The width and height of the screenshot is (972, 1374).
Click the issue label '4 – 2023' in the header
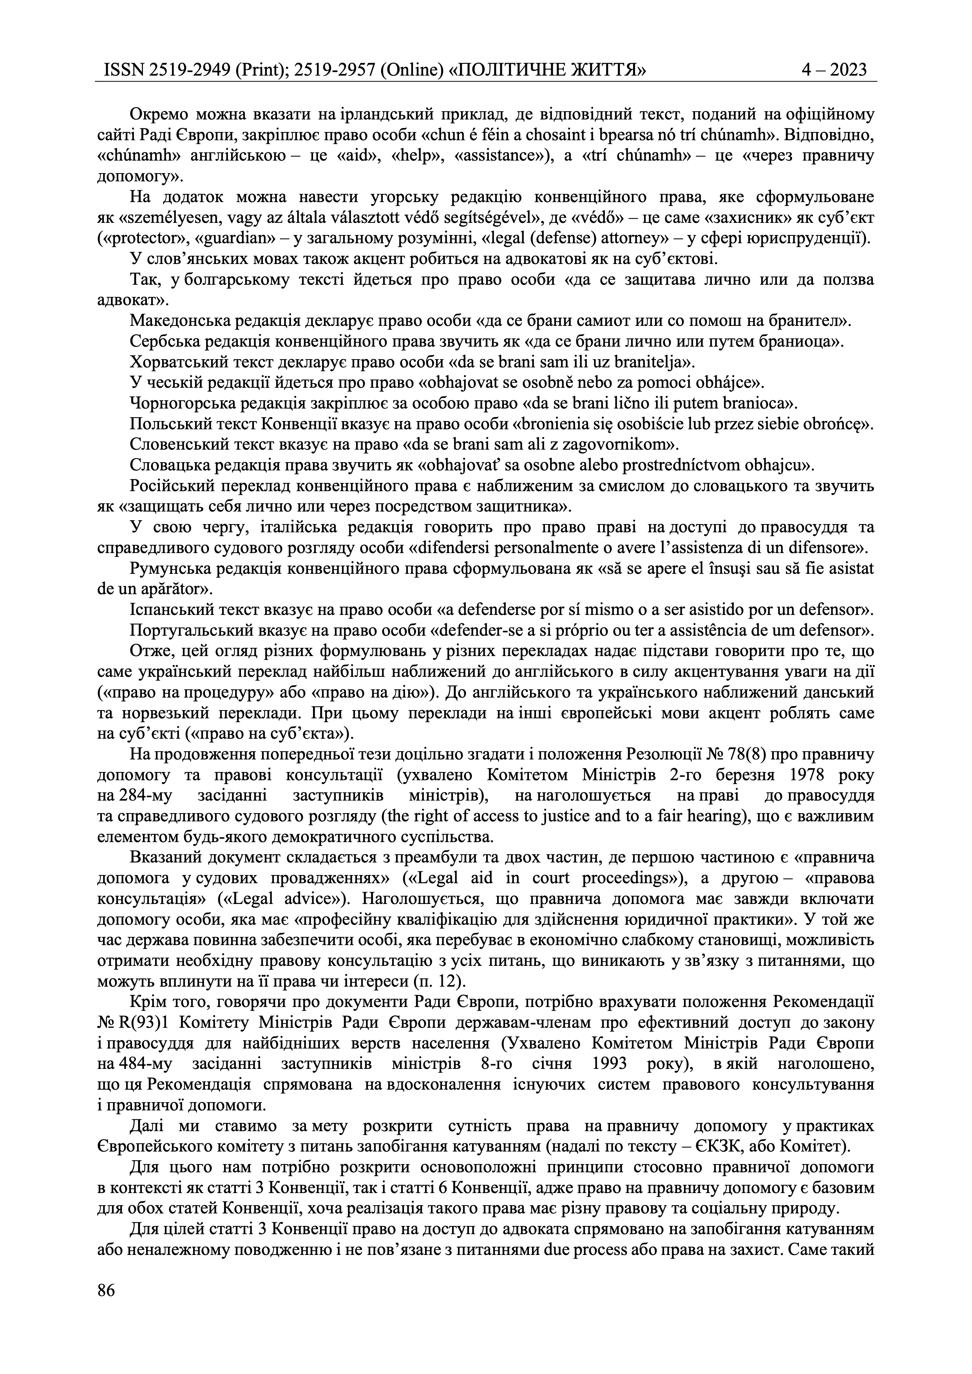point(834,71)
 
